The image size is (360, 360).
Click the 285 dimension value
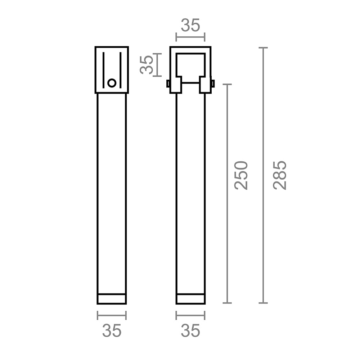(280, 175)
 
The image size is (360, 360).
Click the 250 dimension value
(241, 175)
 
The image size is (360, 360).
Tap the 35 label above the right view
(190, 25)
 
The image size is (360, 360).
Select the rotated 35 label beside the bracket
(147, 65)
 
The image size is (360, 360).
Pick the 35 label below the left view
(112, 330)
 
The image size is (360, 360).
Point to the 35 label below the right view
(190, 330)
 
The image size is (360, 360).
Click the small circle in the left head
(112, 83)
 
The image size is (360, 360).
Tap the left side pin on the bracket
(168, 84)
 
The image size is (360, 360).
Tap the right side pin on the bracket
(213, 84)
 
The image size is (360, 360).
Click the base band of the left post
(112, 299)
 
